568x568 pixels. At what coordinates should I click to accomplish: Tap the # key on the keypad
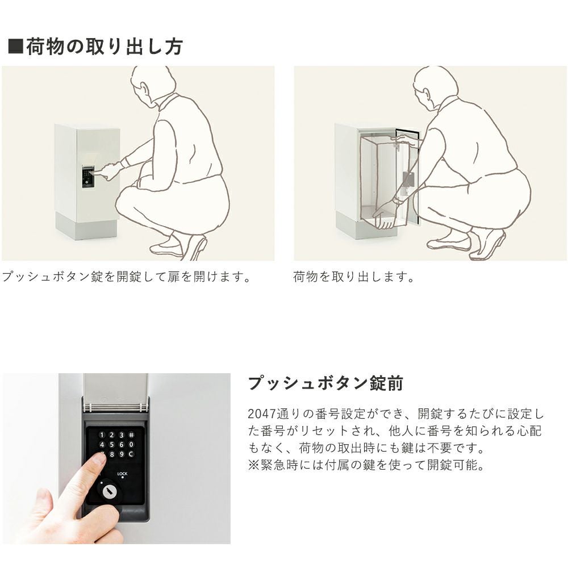(131, 435)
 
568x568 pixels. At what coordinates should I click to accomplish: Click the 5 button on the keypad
(111, 445)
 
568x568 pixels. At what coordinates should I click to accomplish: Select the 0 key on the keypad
(131, 445)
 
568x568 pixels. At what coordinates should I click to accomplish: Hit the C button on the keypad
(131, 454)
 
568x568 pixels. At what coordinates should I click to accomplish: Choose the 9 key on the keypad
(122, 454)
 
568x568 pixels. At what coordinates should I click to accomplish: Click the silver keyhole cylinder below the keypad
(109, 491)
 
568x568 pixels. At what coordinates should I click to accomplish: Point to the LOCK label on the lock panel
(123, 474)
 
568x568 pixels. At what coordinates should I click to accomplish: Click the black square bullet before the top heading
(15, 47)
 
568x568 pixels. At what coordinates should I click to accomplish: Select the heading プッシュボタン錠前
(325, 383)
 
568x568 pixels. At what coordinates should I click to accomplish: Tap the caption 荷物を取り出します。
(353, 277)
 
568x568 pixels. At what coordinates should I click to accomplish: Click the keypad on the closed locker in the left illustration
(87, 177)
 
